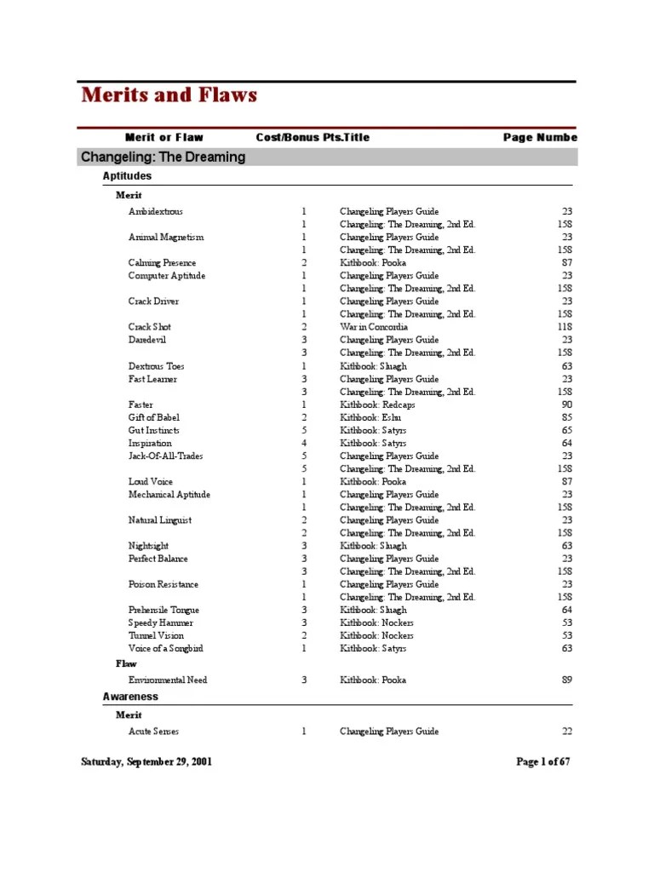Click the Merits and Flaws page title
(x=169, y=95)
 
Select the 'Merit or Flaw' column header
(x=163, y=137)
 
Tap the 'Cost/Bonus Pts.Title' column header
(x=313, y=137)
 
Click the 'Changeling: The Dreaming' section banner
(x=163, y=157)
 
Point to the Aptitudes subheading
(x=127, y=175)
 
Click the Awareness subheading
(x=130, y=697)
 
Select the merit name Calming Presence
(x=162, y=263)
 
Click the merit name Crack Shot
(x=150, y=327)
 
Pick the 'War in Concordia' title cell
(x=374, y=327)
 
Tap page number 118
(x=564, y=327)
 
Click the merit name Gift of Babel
(x=154, y=417)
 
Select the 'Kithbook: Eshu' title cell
(x=370, y=417)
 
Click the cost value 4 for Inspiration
(x=303, y=443)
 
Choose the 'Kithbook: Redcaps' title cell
(x=376, y=404)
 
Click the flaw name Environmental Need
(x=168, y=680)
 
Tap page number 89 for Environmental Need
(x=566, y=680)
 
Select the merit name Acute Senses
(x=153, y=731)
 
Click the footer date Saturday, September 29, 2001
(x=146, y=762)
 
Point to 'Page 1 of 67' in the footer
(x=542, y=762)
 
